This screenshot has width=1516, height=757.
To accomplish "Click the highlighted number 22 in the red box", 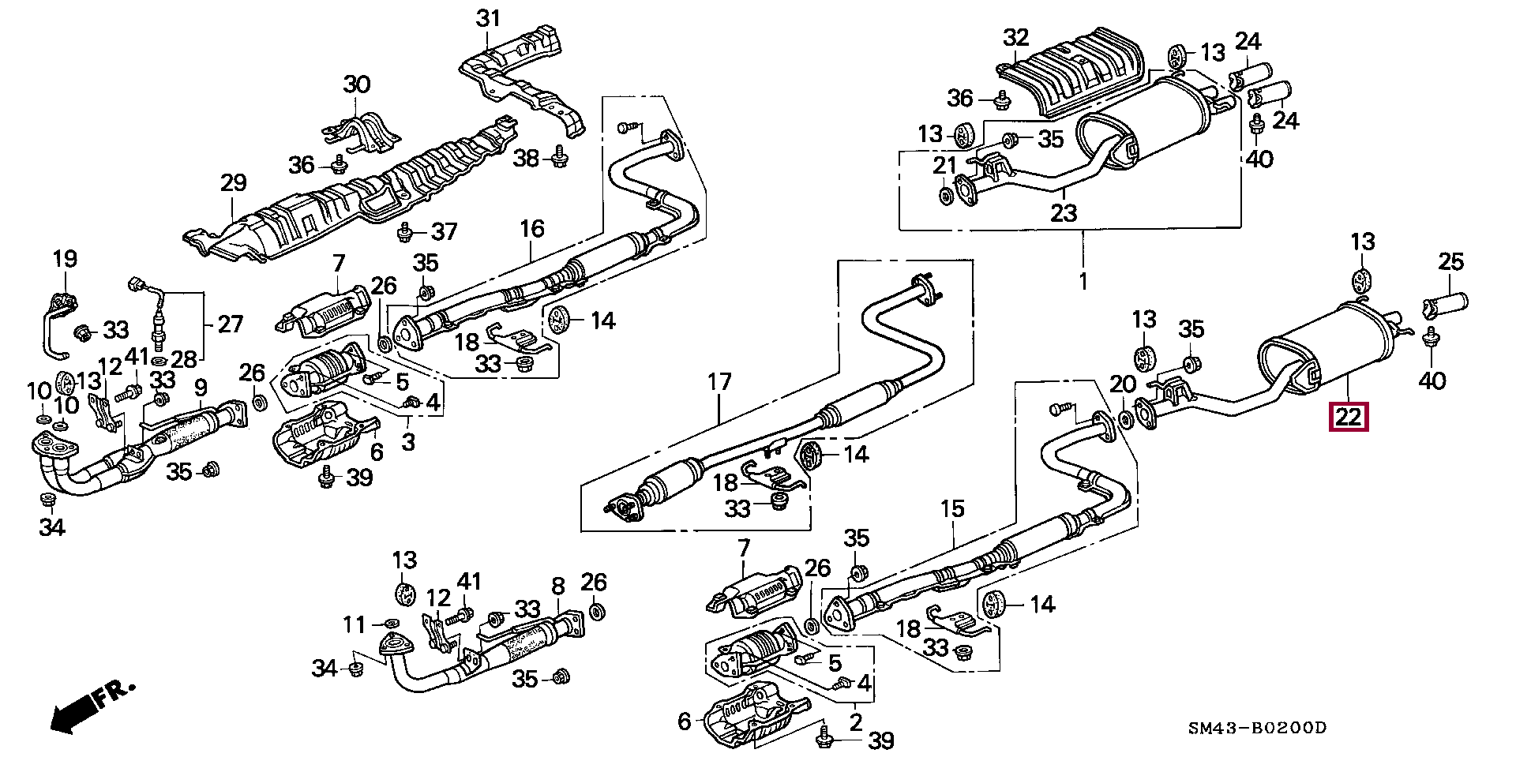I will click(1349, 415).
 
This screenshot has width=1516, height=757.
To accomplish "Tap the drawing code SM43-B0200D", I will click(1257, 728).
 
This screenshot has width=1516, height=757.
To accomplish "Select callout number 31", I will click(488, 17).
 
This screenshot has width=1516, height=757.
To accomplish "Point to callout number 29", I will click(233, 183).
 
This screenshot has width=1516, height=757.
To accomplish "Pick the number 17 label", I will click(719, 383).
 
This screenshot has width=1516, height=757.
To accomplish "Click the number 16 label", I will click(532, 229).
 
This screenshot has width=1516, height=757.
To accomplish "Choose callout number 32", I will click(1016, 37).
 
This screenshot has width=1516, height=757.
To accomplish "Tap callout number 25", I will click(1451, 261).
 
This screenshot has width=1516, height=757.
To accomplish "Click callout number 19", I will click(65, 258).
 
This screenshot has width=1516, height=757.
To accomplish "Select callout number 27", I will click(230, 324).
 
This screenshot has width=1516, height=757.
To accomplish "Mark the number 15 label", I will click(952, 508).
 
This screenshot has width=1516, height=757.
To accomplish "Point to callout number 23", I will click(1064, 212).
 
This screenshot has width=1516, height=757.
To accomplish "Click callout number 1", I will click(1083, 280).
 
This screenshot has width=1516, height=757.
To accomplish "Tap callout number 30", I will click(357, 84).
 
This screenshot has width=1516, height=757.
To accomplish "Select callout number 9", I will click(201, 388).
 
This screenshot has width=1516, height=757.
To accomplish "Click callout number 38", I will click(526, 158).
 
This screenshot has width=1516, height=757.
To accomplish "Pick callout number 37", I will click(445, 231).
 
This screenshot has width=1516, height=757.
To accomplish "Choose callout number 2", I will click(856, 721).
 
